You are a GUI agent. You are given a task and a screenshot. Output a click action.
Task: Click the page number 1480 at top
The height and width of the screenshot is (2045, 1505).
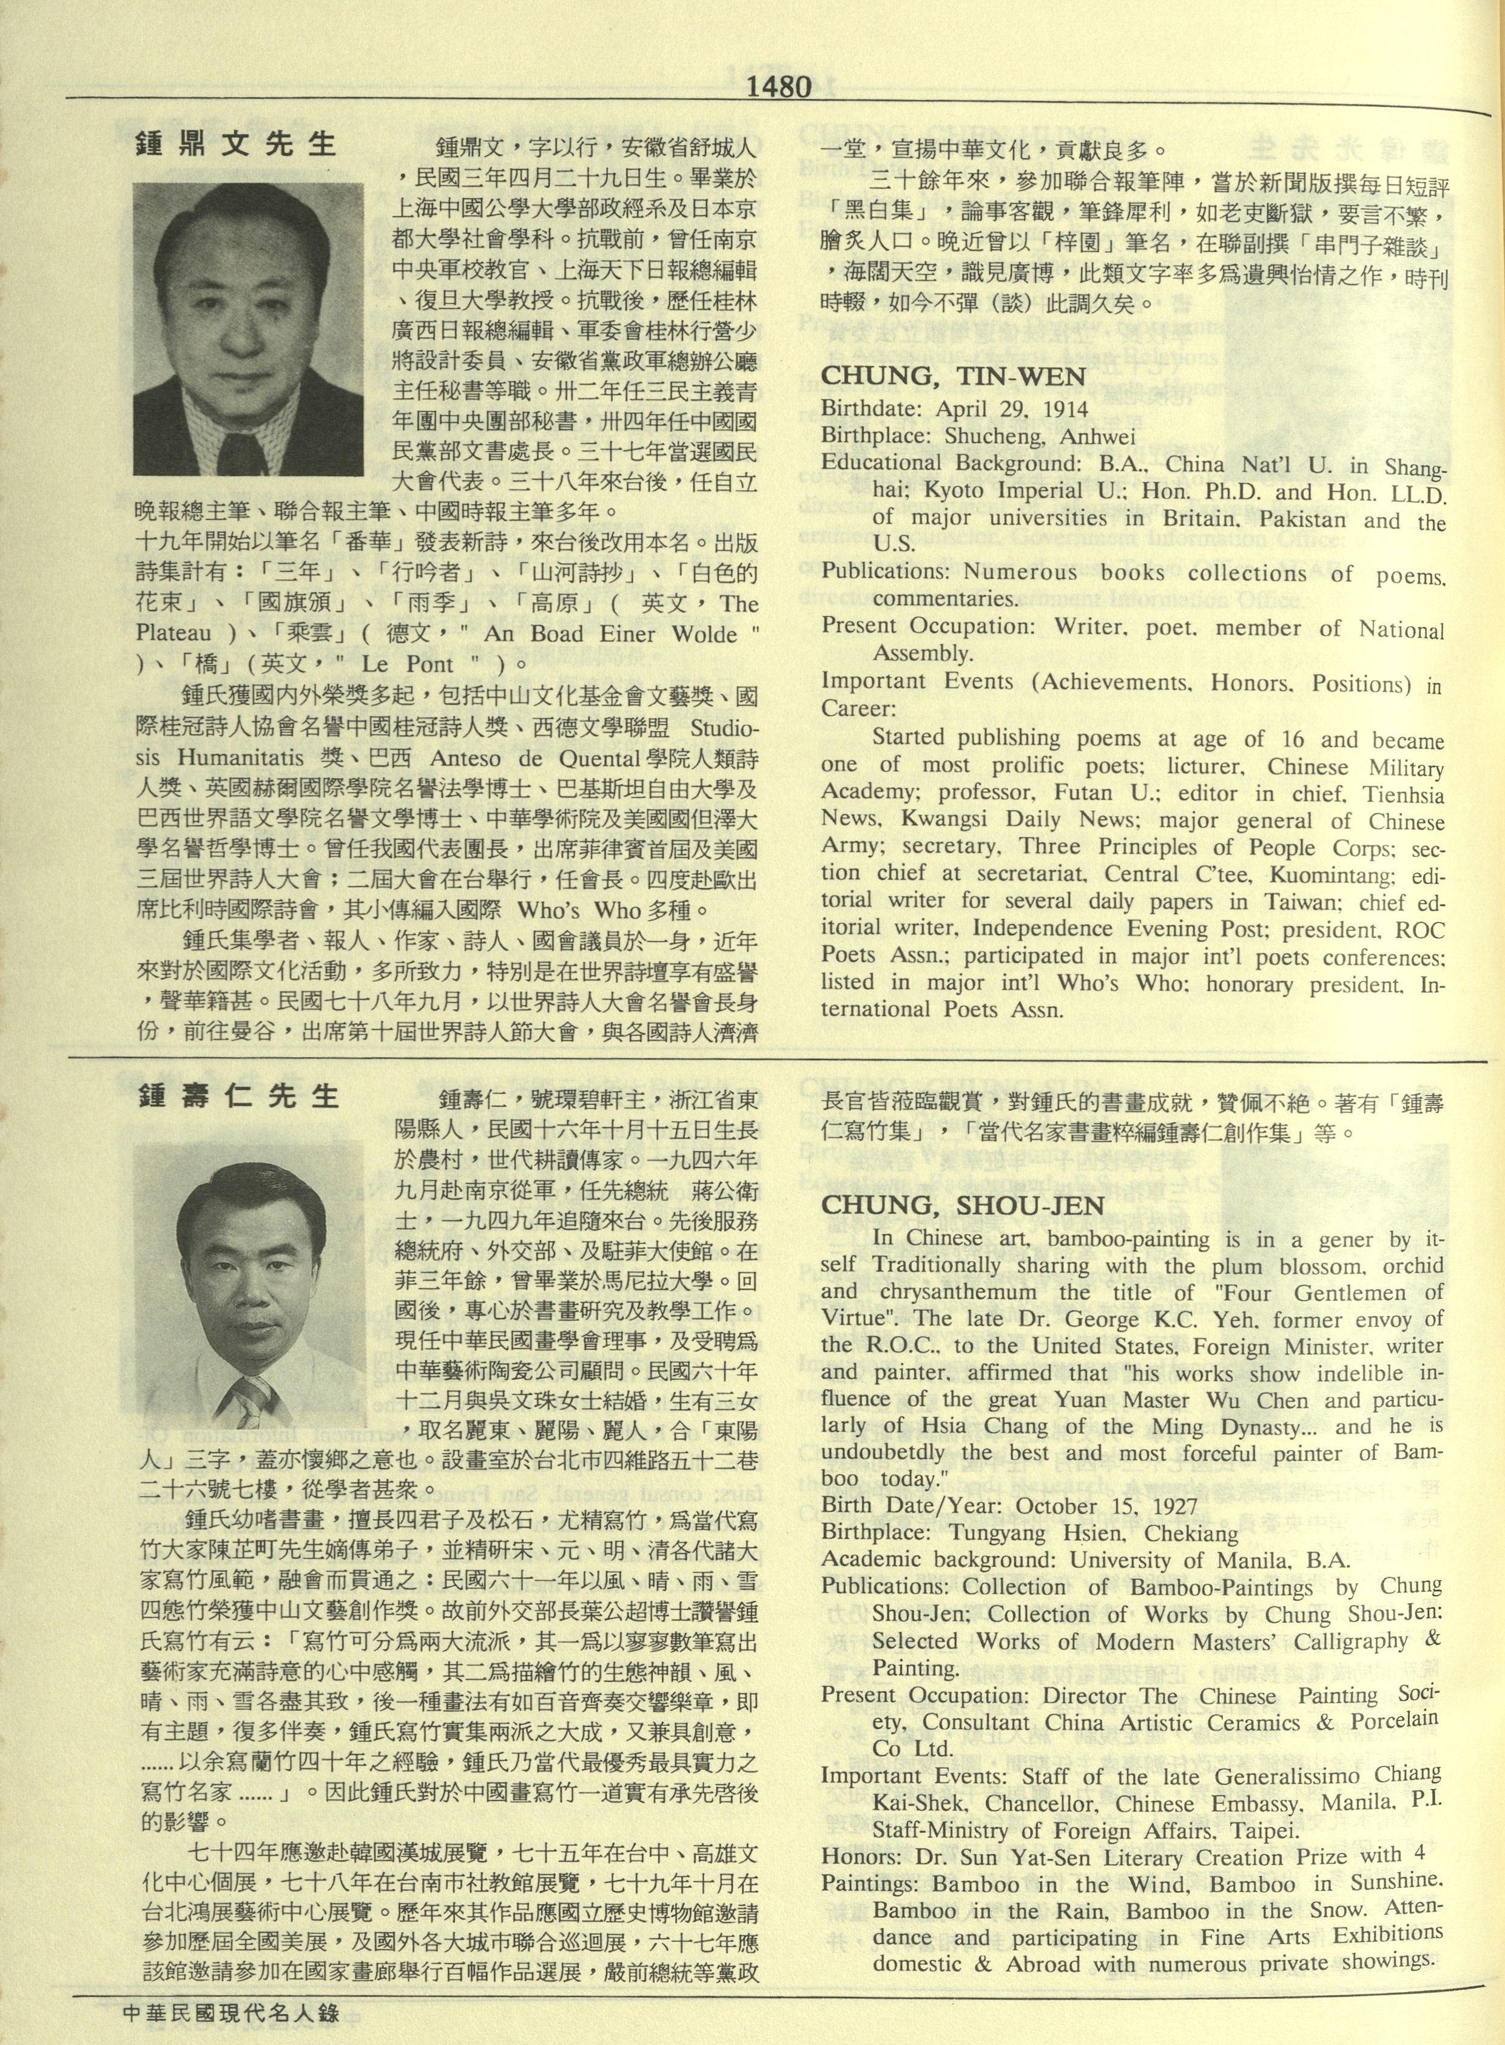coord(777,87)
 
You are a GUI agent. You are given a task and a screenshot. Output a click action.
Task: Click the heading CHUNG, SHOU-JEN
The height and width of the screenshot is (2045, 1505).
coord(962,1205)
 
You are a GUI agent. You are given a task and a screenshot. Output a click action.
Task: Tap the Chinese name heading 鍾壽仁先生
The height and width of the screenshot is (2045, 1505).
coord(238,1095)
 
